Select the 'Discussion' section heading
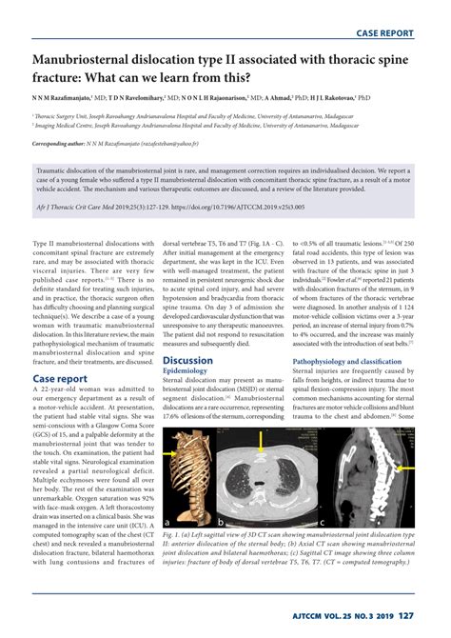[x=187, y=361]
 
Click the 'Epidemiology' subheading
[x=190, y=372]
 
